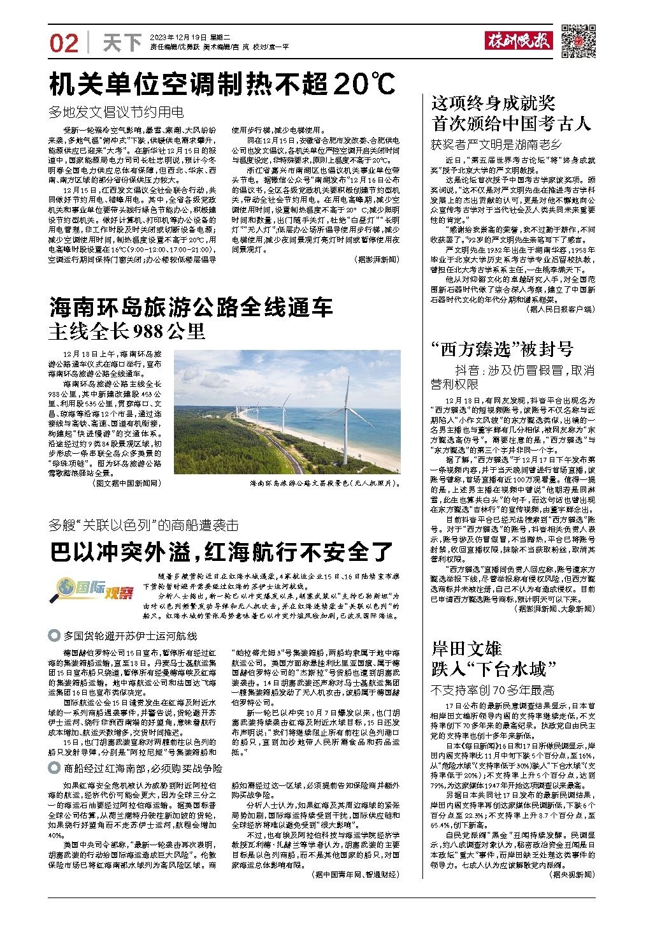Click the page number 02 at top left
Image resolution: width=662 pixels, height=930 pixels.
[64, 43]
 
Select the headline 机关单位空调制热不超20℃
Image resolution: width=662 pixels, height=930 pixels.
[223, 84]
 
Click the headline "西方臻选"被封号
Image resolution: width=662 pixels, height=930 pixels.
[503, 349]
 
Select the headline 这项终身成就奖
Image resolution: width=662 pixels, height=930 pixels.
[493, 103]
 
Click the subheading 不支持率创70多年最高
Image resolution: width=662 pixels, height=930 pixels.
[493, 690]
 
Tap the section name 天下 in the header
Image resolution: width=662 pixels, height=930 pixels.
[122, 43]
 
